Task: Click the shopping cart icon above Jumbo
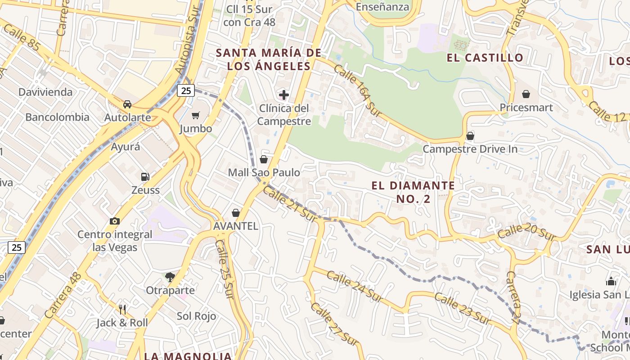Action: [195, 116]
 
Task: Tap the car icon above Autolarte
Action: [127, 104]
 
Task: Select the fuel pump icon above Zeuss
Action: [145, 177]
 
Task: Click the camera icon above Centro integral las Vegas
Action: [115, 221]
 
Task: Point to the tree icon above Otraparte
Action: [170, 277]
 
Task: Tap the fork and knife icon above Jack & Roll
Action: [122, 309]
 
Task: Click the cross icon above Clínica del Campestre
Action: [284, 95]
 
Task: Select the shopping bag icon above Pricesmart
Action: [526, 94]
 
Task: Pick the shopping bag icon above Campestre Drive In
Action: [470, 135]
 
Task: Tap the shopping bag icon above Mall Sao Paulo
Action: [264, 159]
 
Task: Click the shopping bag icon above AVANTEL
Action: [235, 213]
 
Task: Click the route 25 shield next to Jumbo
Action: [185, 91]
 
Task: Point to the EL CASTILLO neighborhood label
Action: [485, 58]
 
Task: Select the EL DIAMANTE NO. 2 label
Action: [414, 192]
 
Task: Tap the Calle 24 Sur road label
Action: [355, 286]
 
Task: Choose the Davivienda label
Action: [45, 92]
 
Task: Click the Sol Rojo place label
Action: [196, 316]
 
